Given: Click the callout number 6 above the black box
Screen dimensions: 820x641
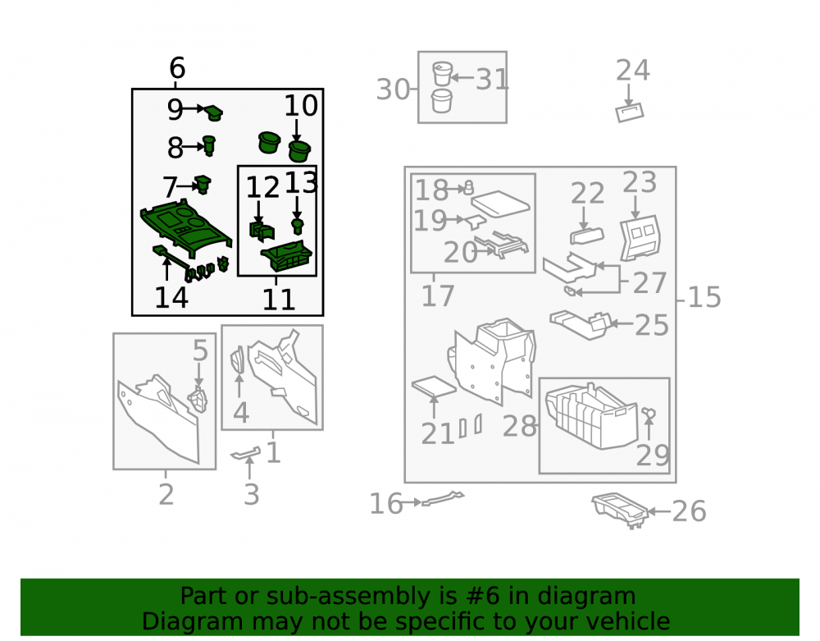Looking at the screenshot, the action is (x=177, y=68).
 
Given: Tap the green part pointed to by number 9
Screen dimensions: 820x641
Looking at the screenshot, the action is (x=213, y=112).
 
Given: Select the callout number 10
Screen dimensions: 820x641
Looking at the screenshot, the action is (x=301, y=106).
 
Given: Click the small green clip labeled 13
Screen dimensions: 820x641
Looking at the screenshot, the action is (x=298, y=226).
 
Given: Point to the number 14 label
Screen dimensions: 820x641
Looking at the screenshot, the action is (x=171, y=297).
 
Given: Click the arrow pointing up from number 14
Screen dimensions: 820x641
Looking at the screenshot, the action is (x=166, y=268).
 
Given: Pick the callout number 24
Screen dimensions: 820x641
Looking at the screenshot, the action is (x=633, y=70).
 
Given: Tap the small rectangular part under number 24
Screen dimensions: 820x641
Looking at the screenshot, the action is (x=629, y=112).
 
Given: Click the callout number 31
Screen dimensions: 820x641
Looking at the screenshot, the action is (x=491, y=80).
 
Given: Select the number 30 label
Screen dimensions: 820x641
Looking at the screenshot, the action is (x=393, y=89).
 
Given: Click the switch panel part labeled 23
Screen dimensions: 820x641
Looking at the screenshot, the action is (x=640, y=238).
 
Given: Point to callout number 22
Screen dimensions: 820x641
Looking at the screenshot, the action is (x=587, y=194).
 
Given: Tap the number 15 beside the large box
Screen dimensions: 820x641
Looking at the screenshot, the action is (x=704, y=297).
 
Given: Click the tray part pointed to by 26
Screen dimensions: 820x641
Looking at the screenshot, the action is (x=620, y=509).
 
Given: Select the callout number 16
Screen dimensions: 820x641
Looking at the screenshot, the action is (x=386, y=504).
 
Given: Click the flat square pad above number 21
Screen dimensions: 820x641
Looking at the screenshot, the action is (x=434, y=387).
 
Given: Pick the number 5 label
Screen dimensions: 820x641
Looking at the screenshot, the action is (x=200, y=350).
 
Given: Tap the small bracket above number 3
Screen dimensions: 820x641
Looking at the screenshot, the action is (x=245, y=454).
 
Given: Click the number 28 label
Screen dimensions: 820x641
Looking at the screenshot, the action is (x=519, y=427).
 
